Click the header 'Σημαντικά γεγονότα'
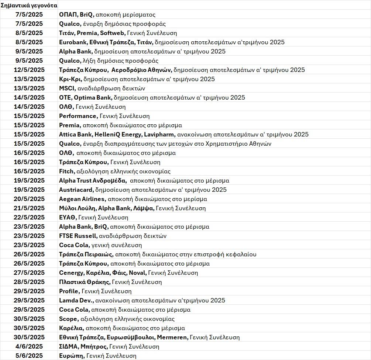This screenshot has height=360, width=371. pyautogui.click(x=29, y=6)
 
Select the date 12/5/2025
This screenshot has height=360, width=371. pyautogui.click(x=29, y=70)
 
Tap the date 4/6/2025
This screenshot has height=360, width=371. pyautogui.click(x=29, y=347)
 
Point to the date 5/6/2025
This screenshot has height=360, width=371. pyautogui.click(x=29, y=356)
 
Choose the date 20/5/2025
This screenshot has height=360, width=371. pyautogui.click(x=29, y=199)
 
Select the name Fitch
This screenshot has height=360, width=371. pyautogui.click(x=66, y=172)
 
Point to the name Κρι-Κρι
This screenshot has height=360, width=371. pyautogui.click(x=70, y=79)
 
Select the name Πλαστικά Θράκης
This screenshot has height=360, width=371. pyautogui.click(x=85, y=282)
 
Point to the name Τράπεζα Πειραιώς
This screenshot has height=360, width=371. pyautogui.click(x=86, y=255)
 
